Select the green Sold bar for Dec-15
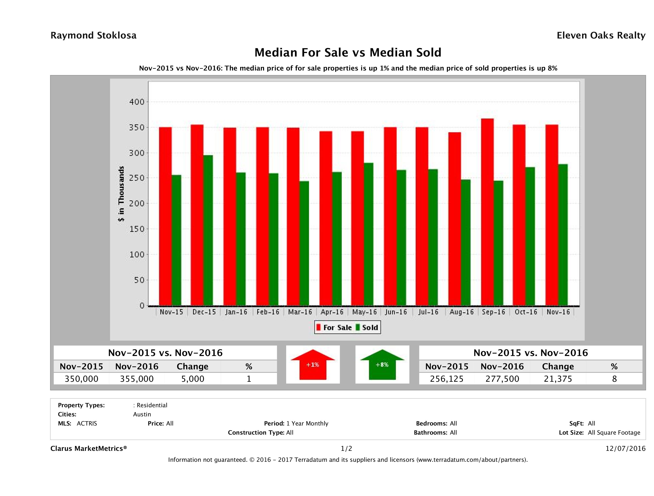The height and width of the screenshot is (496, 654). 208,230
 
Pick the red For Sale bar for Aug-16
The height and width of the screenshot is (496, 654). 454,219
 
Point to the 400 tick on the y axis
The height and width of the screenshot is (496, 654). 137,102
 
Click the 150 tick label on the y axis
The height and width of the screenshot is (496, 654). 137,229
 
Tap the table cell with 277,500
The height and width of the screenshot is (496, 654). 502,379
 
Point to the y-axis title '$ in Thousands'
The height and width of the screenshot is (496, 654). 121,194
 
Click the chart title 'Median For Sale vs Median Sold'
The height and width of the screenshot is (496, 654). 348,53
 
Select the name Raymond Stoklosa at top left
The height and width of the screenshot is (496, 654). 93,35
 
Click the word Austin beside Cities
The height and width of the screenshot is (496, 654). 142,414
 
